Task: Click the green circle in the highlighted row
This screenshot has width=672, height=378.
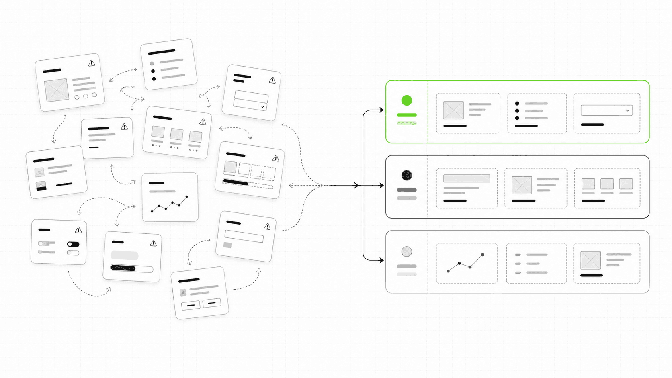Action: (407, 100)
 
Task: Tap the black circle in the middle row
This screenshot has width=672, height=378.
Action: (407, 175)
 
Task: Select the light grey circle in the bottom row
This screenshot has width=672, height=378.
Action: (407, 252)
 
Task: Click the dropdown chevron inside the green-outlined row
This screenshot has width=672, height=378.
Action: (627, 110)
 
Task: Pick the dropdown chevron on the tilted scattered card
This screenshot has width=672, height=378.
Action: (262, 107)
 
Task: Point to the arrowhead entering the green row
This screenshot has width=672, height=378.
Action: (382, 110)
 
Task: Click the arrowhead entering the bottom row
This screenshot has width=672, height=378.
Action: (382, 260)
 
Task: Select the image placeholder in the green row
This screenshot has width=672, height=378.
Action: (453, 110)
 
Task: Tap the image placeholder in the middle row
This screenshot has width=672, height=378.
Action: (522, 185)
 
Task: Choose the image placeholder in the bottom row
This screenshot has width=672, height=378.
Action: (590, 260)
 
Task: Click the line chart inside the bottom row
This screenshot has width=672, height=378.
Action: (465, 263)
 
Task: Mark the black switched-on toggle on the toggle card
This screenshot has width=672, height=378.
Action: (73, 244)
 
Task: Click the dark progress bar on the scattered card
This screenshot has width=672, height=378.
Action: (123, 268)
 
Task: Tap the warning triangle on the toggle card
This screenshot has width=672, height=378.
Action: (78, 230)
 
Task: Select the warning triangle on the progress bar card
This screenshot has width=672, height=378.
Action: (153, 243)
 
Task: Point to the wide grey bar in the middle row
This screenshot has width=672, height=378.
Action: (467, 178)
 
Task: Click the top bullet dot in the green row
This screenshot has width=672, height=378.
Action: (517, 104)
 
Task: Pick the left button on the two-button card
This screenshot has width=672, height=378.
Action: (191, 306)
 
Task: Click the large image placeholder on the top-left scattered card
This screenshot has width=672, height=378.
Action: (57, 90)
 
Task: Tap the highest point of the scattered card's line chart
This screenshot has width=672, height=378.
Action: (187, 197)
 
